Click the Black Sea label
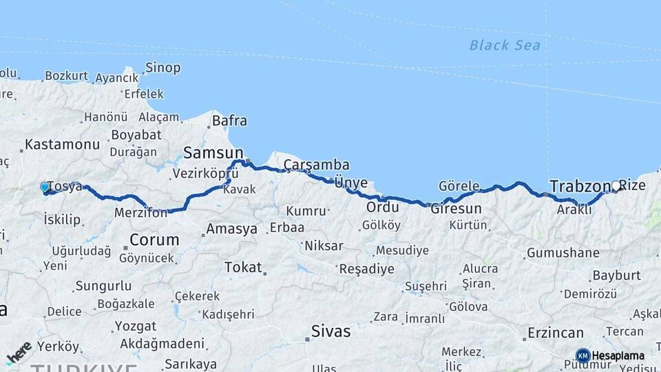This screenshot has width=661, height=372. [505, 45]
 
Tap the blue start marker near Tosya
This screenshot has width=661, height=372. [45, 187]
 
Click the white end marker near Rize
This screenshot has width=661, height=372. [616, 185]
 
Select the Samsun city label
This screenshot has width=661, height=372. [213, 152]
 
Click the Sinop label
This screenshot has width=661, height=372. [163, 68]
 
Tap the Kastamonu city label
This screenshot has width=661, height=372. [62, 145]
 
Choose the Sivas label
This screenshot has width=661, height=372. [330, 331]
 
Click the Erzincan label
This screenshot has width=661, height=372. [555, 333]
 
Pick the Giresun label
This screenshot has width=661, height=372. [456, 208]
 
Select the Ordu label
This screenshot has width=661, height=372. [382, 207]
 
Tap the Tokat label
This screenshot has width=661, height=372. [243, 267]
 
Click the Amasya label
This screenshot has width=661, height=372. [231, 228]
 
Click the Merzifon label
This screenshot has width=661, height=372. [140, 213]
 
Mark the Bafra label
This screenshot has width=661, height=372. [229, 121]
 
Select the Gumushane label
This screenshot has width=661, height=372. [563, 253]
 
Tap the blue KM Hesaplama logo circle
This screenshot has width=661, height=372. [583, 355]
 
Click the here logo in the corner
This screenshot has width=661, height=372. [19, 353]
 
